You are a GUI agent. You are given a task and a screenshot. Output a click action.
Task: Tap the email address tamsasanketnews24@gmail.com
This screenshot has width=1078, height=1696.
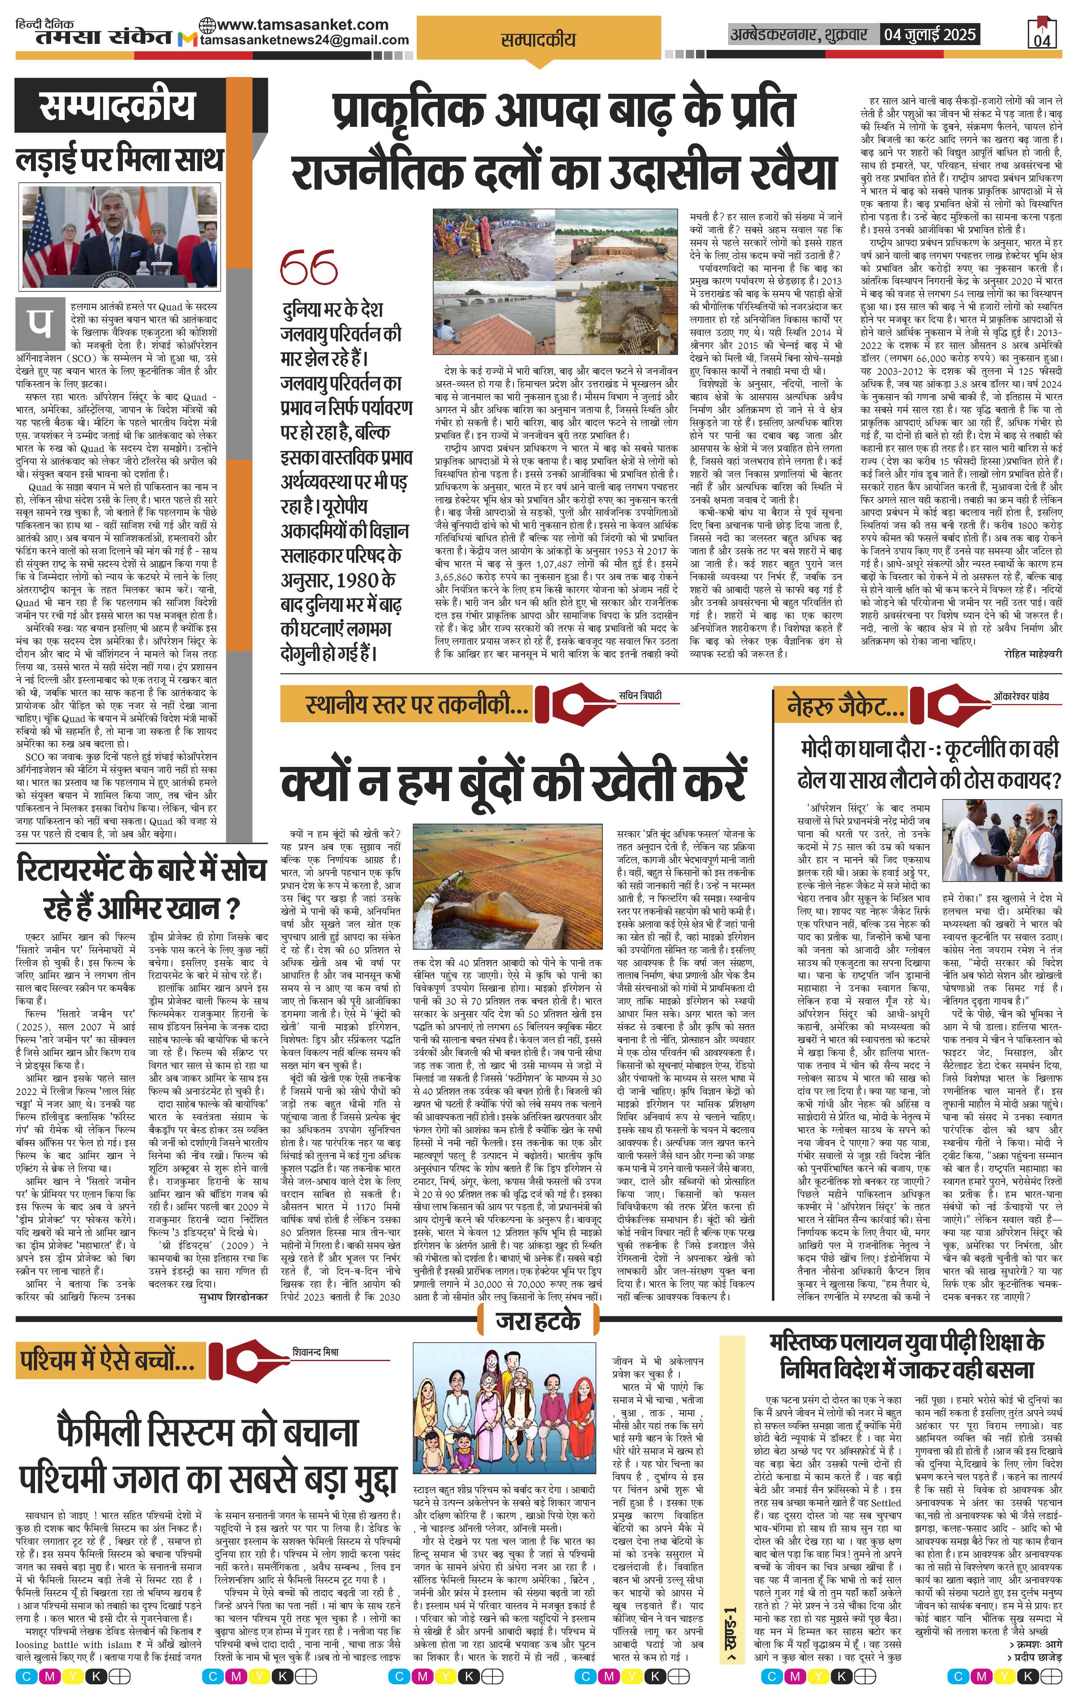pos(304,40)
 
